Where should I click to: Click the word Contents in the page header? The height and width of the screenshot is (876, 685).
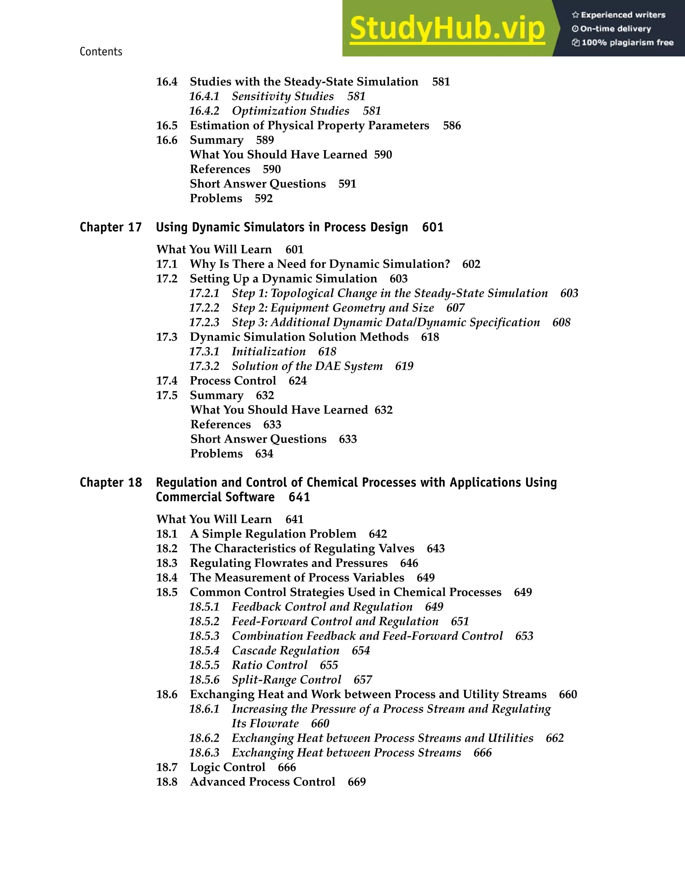[101, 51]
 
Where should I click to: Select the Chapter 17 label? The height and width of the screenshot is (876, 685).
[111, 227]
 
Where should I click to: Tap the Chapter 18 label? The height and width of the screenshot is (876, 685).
[111, 483]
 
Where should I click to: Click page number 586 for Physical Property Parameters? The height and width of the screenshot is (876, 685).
[452, 126]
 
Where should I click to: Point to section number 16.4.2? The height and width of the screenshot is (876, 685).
[204, 111]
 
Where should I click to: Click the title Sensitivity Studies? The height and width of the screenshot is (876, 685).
[283, 96]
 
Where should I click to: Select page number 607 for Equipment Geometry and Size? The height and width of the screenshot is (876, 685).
[456, 308]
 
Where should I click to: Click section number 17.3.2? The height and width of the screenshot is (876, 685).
[204, 366]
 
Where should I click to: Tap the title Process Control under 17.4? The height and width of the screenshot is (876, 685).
[233, 381]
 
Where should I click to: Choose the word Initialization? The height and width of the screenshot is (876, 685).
[269, 352]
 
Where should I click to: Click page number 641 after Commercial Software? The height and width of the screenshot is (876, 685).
[299, 497]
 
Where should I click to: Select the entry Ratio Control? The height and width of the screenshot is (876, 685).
[269, 665]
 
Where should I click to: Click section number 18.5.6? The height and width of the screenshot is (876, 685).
[204, 680]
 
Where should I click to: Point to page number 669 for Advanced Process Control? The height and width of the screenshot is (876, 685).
[357, 782]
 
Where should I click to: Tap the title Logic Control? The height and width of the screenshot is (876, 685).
[227, 767]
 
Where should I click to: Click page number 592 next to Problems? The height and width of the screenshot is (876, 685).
[264, 199]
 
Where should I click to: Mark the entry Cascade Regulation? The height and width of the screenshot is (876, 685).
[285, 651]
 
